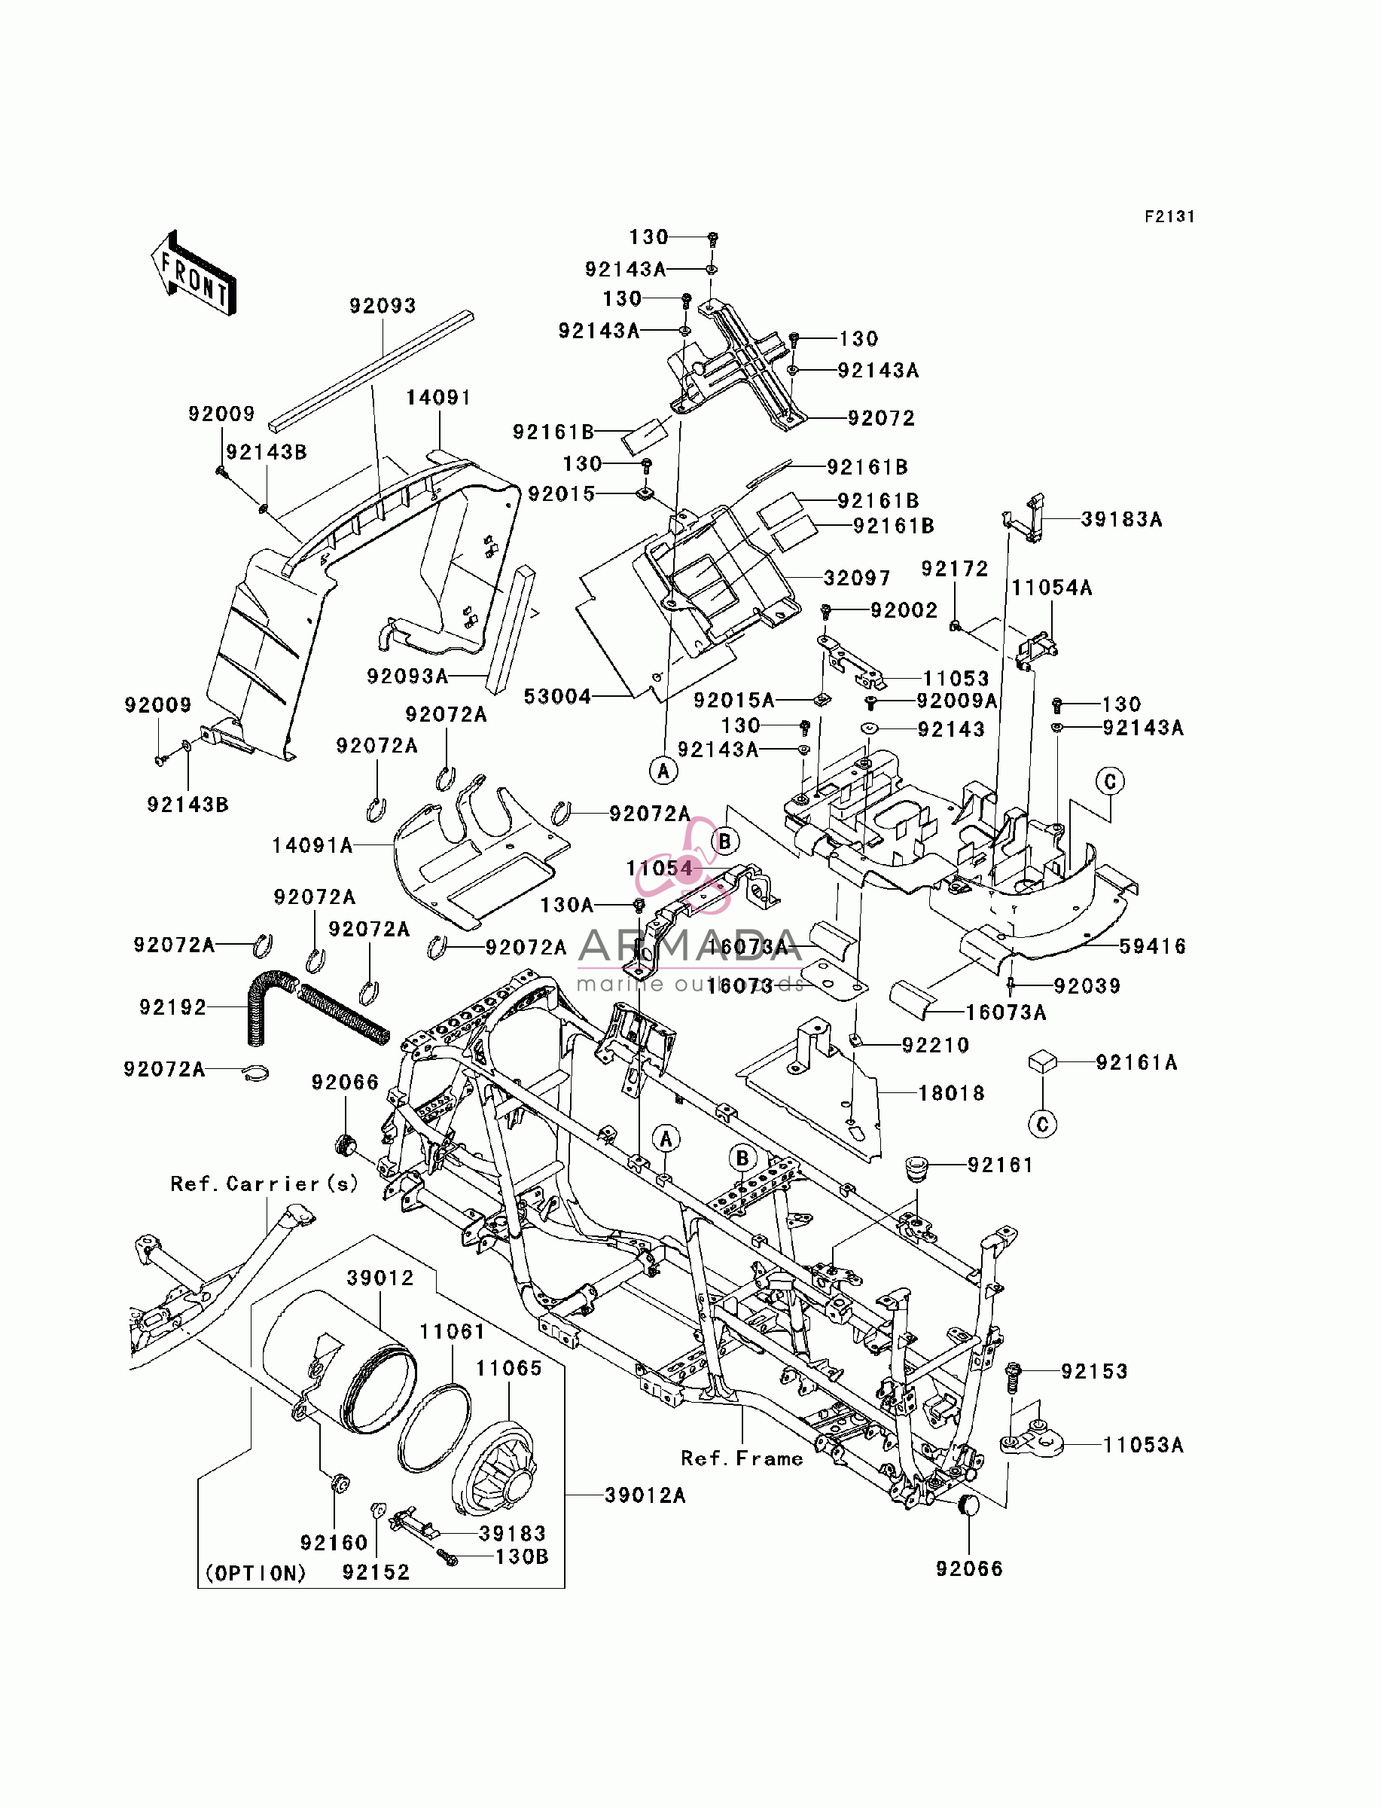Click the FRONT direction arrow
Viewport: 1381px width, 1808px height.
(194, 273)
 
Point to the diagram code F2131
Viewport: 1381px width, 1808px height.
(1169, 216)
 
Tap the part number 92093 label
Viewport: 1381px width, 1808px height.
(383, 306)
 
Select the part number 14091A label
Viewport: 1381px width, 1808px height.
(312, 845)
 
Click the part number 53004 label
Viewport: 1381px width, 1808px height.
(557, 696)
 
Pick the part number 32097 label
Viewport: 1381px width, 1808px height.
(858, 578)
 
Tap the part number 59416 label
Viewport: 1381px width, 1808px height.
(1153, 946)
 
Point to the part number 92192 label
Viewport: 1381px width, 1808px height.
(172, 1007)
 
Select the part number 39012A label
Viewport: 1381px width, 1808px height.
(645, 1495)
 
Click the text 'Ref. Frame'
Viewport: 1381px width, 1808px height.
(742, 1458)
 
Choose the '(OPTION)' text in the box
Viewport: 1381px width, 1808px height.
(256, 1573)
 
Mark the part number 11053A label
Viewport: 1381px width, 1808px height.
(1142, 1445)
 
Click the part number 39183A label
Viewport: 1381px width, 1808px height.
(1121, 519)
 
